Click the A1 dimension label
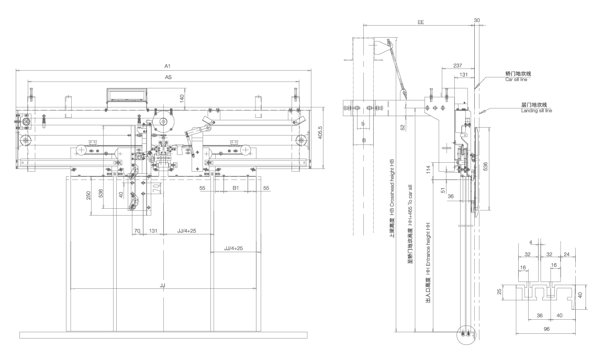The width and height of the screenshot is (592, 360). pyautogui.click(x=167, y=66)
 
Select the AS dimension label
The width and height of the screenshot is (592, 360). pyautogui.click(x=169, y=77)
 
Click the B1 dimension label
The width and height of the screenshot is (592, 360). pyautogui.click(x=236, y=187)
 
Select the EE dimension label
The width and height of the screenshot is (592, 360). pyautogui.click(x=420, y=22)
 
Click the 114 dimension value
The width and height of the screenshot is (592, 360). pyautogui.click(x=428, y=170)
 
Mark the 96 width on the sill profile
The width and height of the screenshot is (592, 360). pyautogui.click(x=546, y=330)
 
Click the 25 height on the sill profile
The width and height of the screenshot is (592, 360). pyautogui.click(x=499, y=291)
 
